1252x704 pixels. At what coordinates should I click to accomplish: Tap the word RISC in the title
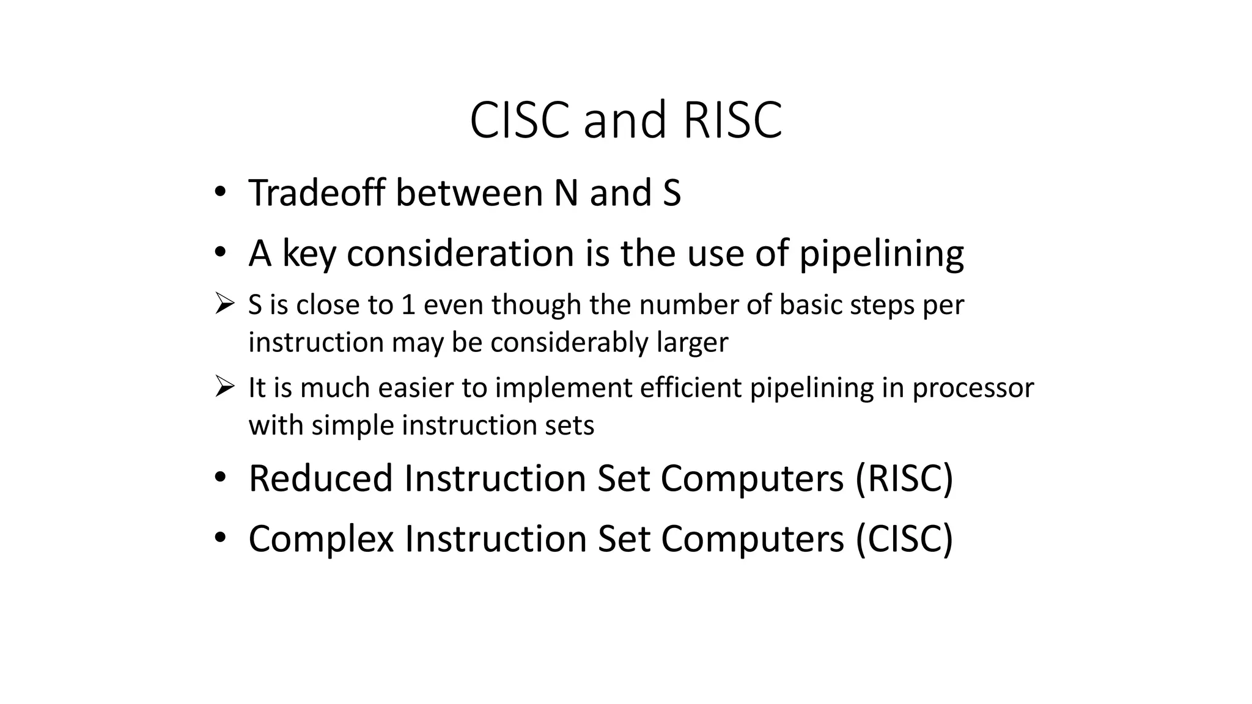pyautogui.click(x=732, y=120)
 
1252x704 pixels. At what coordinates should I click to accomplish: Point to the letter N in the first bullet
pyautogui.click(x=566, y=193)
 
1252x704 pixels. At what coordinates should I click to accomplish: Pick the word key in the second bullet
pyautogui.click(x=309, y=253)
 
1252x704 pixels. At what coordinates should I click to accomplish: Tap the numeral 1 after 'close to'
pyautogui.click(x=408, y=304)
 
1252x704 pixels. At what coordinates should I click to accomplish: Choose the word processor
pyautogui.click(x=973, y=387)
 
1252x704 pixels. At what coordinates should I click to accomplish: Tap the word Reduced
pyautogui.click(x=320, y=478)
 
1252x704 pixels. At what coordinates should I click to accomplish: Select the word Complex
pyautogui.click(x=321, y=539)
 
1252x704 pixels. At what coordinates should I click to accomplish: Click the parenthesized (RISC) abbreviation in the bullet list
pyautogui.click(x=904, y=478)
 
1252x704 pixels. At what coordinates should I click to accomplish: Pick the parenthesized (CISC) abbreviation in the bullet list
pyautogui.click(x=904, y=539)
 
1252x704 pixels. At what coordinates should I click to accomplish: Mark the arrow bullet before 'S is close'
pyautogui.click(x=224, y=303)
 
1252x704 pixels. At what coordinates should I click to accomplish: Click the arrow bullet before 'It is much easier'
pyautogui.click(x=224, y=386)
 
